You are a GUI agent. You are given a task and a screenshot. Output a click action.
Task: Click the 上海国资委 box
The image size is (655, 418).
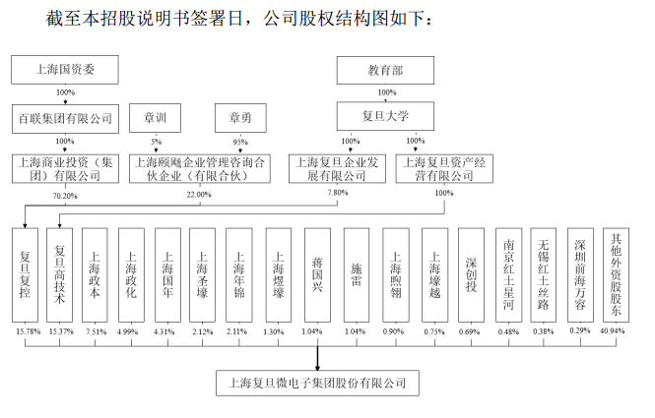(64, 70)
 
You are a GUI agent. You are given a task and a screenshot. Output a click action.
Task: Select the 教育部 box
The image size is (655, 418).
(385, 70)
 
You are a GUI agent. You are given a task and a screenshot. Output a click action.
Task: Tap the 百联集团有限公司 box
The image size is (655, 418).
(65, 118)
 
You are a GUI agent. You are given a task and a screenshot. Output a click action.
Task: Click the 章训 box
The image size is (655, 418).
(156, 118)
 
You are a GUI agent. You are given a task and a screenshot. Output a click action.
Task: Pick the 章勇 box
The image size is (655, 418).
(240, 118)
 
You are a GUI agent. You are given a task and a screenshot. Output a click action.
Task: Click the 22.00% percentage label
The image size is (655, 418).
(199, 195)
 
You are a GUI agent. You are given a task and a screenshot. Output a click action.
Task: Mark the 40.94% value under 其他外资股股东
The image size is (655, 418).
(617, 331)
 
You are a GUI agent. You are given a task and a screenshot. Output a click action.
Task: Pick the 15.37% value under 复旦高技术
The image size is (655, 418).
(61, 331)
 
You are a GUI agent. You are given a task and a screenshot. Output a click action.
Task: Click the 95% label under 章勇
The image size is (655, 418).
(240, 143)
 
